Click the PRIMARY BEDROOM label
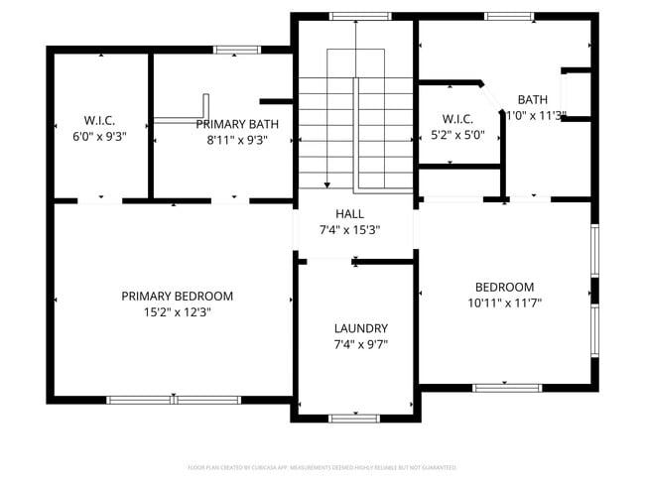click(177, 296)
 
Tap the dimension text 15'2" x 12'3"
click(177, 311)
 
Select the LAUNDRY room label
click(360, 328)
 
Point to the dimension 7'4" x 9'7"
click(360, 344)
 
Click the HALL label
click(349, 213)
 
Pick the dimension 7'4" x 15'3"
click(349, 229)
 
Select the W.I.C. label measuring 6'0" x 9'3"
click(100, 120)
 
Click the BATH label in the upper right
click(533, 99)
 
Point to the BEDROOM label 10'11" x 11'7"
click(504, 287)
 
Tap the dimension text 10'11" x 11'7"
click(504, 302)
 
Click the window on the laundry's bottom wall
click(354, 418)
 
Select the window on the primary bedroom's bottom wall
click(174, 400)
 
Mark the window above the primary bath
click(232, 49)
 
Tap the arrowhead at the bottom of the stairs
click(326, 183)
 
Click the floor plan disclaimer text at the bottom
click(322, 466)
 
